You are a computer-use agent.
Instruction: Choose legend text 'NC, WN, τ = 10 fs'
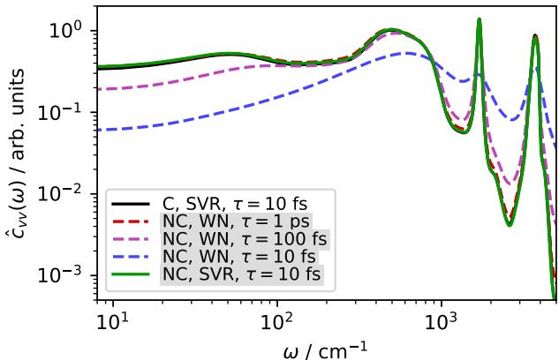(233, 257)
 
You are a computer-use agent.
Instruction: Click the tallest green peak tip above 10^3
(479, 19)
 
